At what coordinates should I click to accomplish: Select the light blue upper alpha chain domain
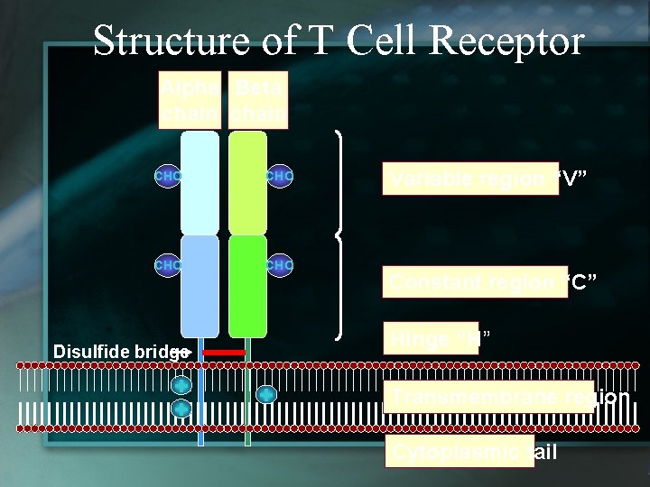200,183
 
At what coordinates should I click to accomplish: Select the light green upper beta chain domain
247,183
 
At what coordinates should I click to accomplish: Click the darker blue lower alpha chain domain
200,286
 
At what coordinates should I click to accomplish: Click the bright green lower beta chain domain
247,286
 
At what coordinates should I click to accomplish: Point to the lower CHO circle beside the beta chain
280,265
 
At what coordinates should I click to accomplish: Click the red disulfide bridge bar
224,352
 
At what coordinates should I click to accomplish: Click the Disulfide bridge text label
121,351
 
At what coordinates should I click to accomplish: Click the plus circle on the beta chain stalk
266,395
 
